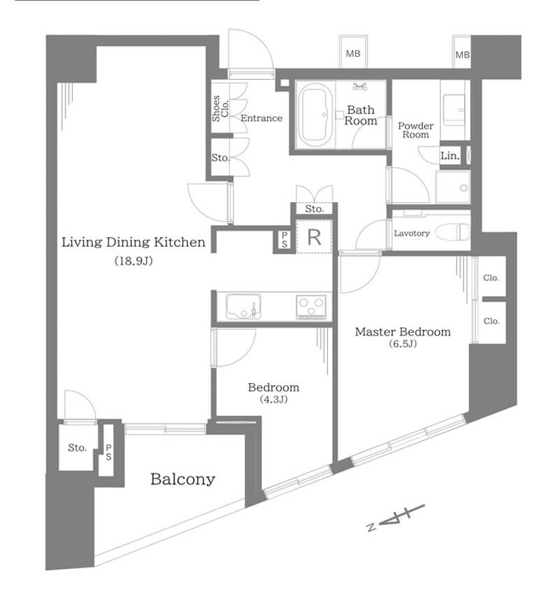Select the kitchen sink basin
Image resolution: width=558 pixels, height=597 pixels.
click(x=242, y=307)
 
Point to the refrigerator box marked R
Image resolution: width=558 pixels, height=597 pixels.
click(x=314, y=237)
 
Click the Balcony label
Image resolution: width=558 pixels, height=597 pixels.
click(x=183, y=480)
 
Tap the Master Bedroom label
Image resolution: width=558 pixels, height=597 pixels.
click(x=403, y=332)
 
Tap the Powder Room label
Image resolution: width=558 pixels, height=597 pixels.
click(x=415, y=130)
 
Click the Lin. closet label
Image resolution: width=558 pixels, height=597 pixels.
click(x=450, y=157)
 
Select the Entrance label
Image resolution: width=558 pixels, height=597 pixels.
click(x=262, y=118)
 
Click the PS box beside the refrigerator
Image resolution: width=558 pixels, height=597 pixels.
click(x=285, y=240)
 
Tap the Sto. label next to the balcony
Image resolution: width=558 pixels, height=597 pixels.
click(x=77, y=447)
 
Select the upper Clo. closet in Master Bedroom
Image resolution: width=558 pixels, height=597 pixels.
click(x=491, y=278)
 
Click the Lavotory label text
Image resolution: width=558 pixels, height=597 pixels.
click(x=412, y=233)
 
